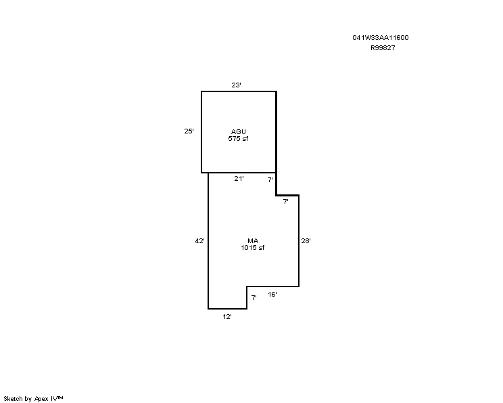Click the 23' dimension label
tap(237, 85)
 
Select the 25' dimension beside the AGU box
tap(189, 131)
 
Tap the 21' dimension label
tap(239, 179)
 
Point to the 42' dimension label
tap(199, 241)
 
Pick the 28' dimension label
tap(306, 240)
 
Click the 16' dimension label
tap(272, 295)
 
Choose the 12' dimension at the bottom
tap(227, 317)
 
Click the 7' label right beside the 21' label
tap(270, 180)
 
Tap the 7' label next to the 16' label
tap(254, 298)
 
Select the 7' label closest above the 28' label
tap(285, 202)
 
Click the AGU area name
tap(239, 132)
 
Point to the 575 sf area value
tap(238, 139)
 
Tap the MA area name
tap(253, 240)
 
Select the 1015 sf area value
tap(252, 248)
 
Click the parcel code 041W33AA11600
tap(381, 38)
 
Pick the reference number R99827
tap(383, 48)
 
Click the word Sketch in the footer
tap(13, 399)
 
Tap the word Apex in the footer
tap(41, 399)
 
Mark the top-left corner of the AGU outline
tap(201, 91)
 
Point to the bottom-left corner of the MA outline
tap(208, 309)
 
